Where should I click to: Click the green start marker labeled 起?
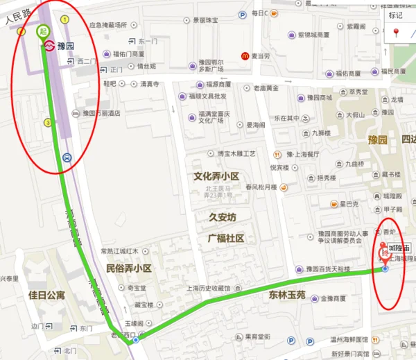tap(43, 31)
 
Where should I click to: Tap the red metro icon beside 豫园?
tap(49, 46)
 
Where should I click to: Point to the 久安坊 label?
tap(223, 217)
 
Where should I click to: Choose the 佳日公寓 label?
tap(46, 295)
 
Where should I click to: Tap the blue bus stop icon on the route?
tap(66, 157)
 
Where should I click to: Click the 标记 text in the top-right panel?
tap(395, 15)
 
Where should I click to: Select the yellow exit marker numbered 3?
tap(47, 123)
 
